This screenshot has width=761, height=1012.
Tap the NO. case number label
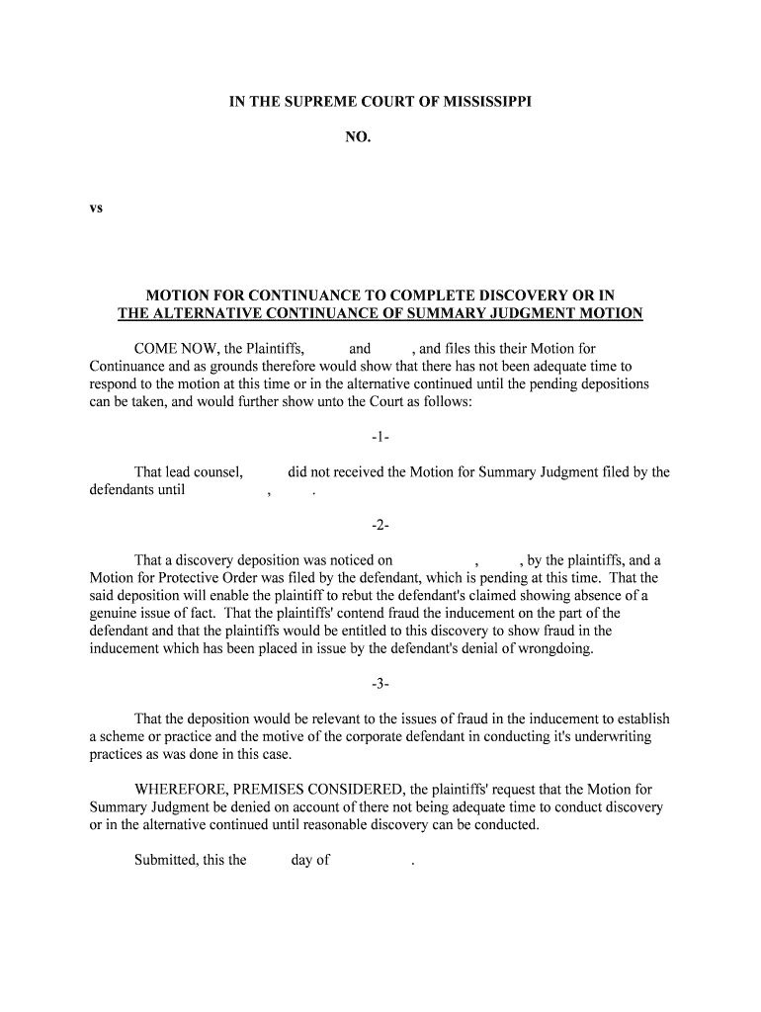coord(358,138)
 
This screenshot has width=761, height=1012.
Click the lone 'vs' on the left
coord(97,209)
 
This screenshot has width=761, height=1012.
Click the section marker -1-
coord(380,437)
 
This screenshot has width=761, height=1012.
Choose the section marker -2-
coord(380,525)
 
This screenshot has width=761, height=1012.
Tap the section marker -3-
coord(380,683)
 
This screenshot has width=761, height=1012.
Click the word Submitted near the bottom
coord(165,860)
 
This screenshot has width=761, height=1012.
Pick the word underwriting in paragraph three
coord(609,737)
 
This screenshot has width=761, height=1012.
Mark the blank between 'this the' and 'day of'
coord(268,860)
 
